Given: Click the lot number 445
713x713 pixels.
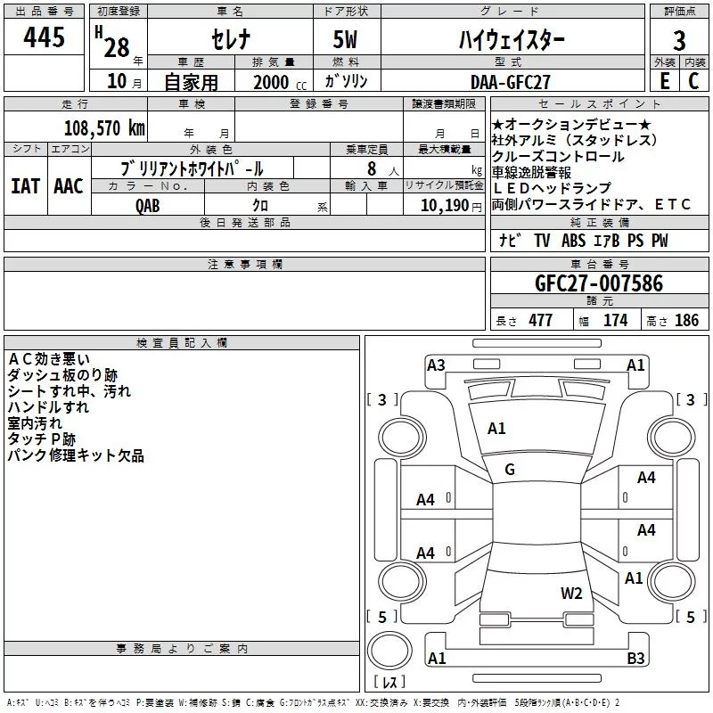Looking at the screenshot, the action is [44, 37].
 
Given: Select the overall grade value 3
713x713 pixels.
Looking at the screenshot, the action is [679, 41].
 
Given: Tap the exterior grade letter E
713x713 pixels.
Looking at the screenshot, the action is [665, 81].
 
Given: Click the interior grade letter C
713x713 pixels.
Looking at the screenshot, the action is [693, 81].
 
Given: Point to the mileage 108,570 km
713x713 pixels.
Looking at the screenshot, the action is [104, 128].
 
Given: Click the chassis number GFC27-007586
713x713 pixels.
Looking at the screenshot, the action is [599, 283].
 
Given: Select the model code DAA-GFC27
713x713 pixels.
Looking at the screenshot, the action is [510, 82].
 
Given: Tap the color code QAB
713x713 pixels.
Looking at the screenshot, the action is [147, 206].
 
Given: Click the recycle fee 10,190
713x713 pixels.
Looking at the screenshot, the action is [444, 206].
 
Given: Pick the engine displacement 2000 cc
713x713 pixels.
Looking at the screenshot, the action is [280, 83].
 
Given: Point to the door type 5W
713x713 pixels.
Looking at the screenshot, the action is [345, 39].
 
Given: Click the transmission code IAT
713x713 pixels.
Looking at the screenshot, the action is [26, 186].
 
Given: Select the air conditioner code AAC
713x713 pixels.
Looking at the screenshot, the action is [69, 186].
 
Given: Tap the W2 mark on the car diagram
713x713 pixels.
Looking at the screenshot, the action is [571, 594].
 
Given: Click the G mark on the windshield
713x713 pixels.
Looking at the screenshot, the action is [510, 470].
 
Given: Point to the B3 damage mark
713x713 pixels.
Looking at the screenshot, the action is [635, 658].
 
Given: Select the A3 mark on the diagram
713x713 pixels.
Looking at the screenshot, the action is [436, 365].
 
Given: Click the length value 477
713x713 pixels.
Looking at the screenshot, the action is [541, 321].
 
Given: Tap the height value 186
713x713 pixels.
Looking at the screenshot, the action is [686, 321].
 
